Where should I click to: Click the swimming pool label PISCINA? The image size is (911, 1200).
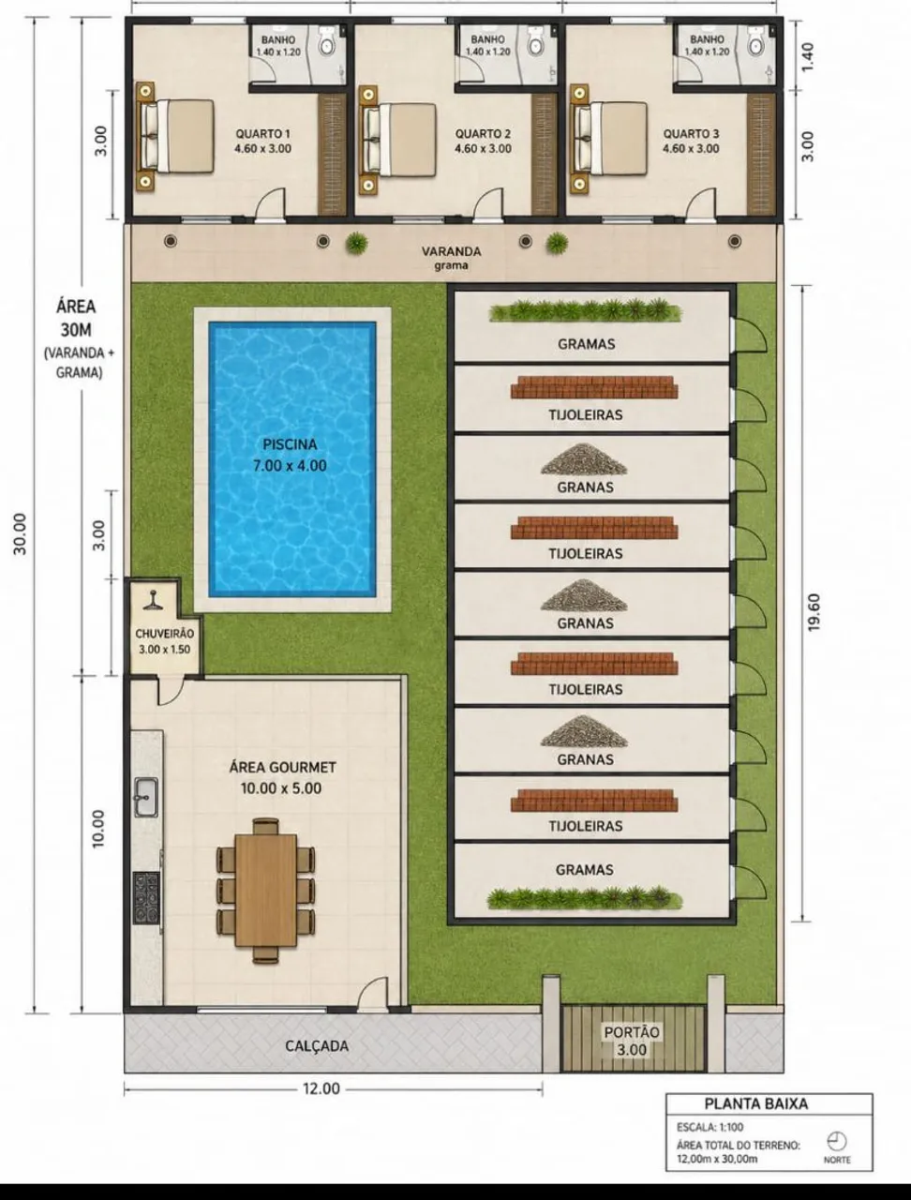pos(290,444)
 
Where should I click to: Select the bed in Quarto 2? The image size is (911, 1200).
pos(399,140)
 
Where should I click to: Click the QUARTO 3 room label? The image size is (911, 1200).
pos(692,134)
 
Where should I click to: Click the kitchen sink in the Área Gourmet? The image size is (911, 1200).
pos(146,797)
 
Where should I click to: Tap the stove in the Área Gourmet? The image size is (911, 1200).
pos(146,898)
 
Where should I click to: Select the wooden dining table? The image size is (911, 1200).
pos(266,890)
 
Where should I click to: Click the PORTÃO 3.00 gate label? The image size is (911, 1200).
pos(632,1041)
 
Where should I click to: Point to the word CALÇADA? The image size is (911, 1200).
pos(317,1046)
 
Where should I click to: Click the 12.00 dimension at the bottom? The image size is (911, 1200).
pos(321,1088)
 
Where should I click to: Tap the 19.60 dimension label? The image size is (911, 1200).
pos(814,612)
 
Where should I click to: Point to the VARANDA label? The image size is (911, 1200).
pos(452,251)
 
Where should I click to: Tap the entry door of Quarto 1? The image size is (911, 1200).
pos(271,203)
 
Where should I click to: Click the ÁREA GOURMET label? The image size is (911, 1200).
pos(282,767)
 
